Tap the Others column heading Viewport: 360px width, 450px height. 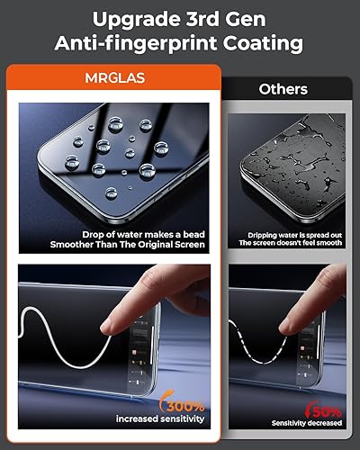click(x=283, y=89)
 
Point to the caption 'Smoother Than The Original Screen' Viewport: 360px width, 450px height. click(x=141, y=244)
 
